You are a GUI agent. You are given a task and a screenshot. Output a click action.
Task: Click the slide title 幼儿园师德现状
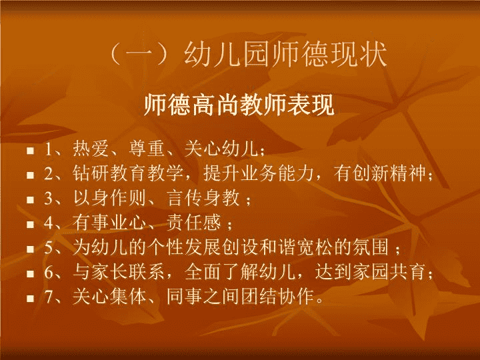pos(286,55)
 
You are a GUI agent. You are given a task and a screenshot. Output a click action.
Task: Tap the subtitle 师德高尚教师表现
pos(239,105)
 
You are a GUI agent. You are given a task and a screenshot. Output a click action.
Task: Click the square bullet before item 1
pos(30,151)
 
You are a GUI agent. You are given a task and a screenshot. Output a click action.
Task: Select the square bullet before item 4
pos(30,225)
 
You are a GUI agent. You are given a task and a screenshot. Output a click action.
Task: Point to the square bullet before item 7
pos(30,298)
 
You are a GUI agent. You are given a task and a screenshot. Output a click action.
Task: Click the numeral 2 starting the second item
pos(49,173)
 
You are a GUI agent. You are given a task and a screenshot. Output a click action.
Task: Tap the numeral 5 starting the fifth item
pos(49,247)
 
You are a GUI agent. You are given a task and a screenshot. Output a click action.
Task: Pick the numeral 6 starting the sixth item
pos(49,272)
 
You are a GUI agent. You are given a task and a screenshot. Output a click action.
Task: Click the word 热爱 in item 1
pos(91,149)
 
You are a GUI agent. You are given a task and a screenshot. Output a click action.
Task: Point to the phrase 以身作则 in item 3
pos(109,198)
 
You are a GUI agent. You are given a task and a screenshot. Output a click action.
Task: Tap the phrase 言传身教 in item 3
pos(203,198)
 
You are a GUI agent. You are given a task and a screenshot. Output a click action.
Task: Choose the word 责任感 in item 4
pos(194,223)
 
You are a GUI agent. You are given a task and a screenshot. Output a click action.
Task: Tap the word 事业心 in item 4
pos(119,223)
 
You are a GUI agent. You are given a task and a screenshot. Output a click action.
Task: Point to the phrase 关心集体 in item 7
pos(109,297)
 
